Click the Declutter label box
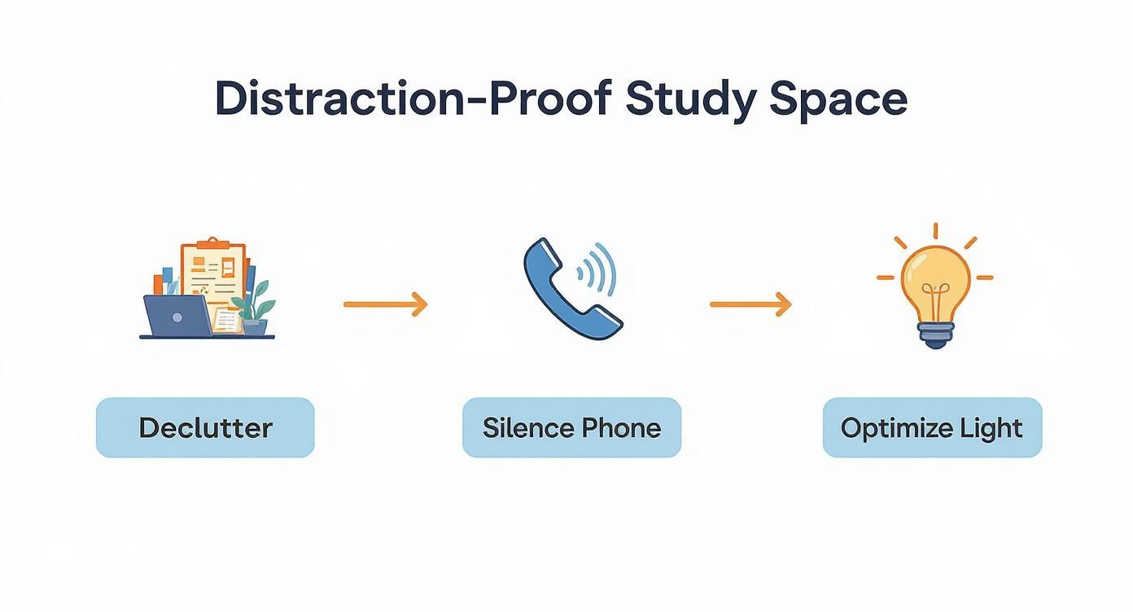[x=205, y=427]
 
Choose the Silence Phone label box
[x=571, y=427]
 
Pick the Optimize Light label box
[x=932, y=427]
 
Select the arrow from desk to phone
[x=385, y=304]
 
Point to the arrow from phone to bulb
[x=750, y=304]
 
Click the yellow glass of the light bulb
[x=934, y=273]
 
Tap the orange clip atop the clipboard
[x=210, y=243]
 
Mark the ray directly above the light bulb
[x=935, y=231]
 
